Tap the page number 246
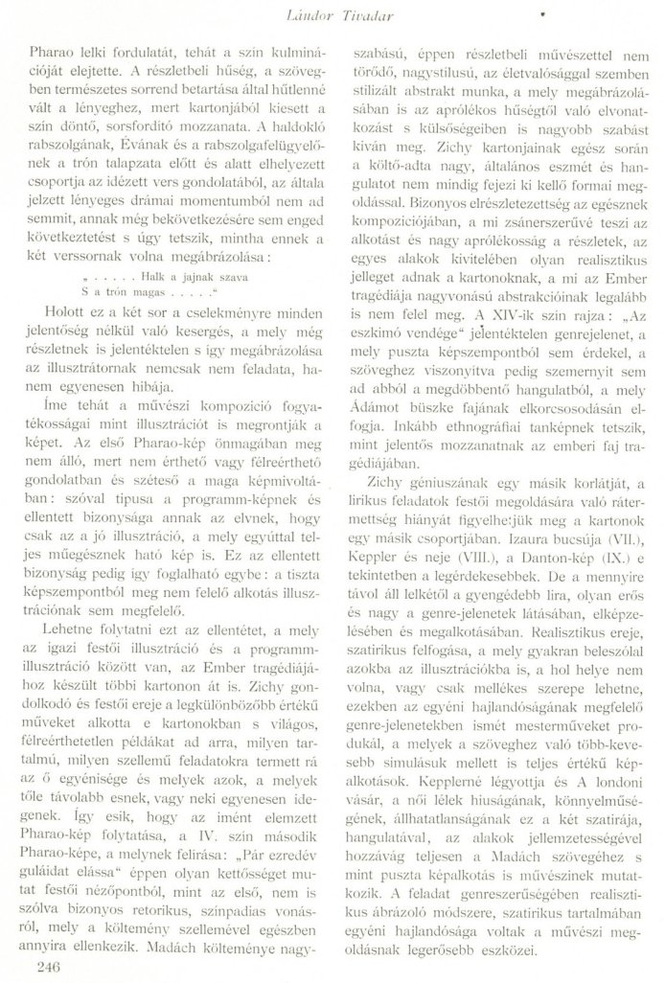coord(47,967)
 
